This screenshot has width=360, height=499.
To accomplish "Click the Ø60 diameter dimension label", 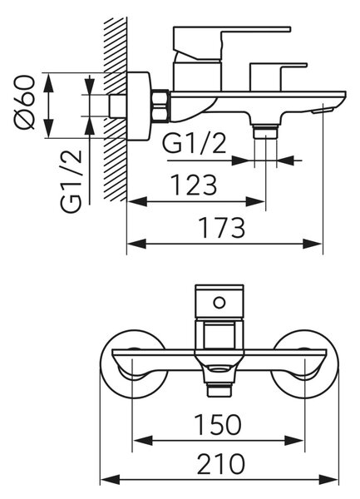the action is pos(24,101).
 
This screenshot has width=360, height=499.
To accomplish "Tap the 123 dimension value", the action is pos(194,185).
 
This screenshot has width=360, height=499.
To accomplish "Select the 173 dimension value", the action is pos(222,228).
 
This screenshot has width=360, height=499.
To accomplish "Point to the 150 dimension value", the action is pos(218,424).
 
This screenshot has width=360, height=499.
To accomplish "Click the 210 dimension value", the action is pos(221,464).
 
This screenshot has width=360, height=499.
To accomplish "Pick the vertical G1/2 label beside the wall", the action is pos(72,181).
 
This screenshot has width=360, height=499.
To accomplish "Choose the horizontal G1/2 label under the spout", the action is pos(195,144).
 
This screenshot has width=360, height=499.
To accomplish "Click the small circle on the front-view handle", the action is pos(219,303).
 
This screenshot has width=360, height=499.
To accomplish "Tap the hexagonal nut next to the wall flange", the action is pos(161,106).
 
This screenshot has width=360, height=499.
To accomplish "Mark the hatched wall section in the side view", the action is pos(116,109).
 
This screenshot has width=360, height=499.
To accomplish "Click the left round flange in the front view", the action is pos(134,363).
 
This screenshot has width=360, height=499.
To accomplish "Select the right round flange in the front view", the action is pos(305,363).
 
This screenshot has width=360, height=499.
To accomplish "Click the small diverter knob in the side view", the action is pos(278,77).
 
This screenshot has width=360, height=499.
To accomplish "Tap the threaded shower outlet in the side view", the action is pos(265,131).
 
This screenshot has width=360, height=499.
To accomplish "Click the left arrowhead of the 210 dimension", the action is pos(110,480).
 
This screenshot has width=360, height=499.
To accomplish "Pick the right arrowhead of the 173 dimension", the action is pos(313,244).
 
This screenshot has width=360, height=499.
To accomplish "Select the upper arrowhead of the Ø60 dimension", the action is pos(48,82).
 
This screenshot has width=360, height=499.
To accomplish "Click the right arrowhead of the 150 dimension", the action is pos(295,441).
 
